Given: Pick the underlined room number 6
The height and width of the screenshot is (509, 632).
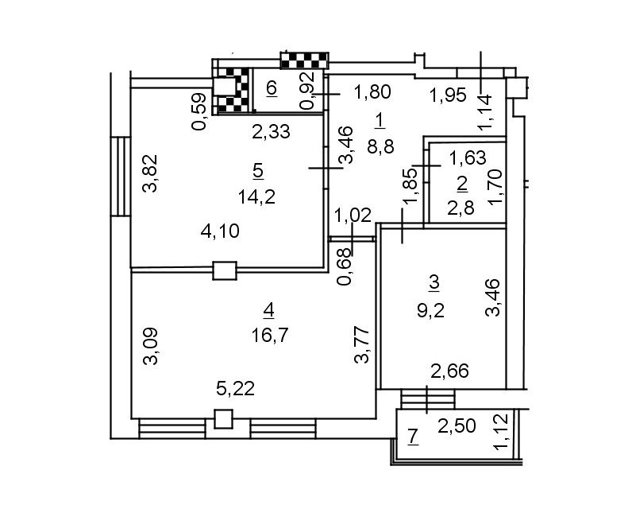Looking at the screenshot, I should (x=272, y=88).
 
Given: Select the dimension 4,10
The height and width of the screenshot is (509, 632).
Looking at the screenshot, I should (x=220, y=231).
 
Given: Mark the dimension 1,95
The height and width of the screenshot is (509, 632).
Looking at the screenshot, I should (x=448, y=96).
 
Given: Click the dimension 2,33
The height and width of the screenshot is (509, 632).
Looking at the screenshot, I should (x=271, y=132).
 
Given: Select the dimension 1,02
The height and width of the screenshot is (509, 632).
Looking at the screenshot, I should (x=353, y=216).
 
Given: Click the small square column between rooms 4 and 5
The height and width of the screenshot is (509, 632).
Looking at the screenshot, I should (x=225, y=271).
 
